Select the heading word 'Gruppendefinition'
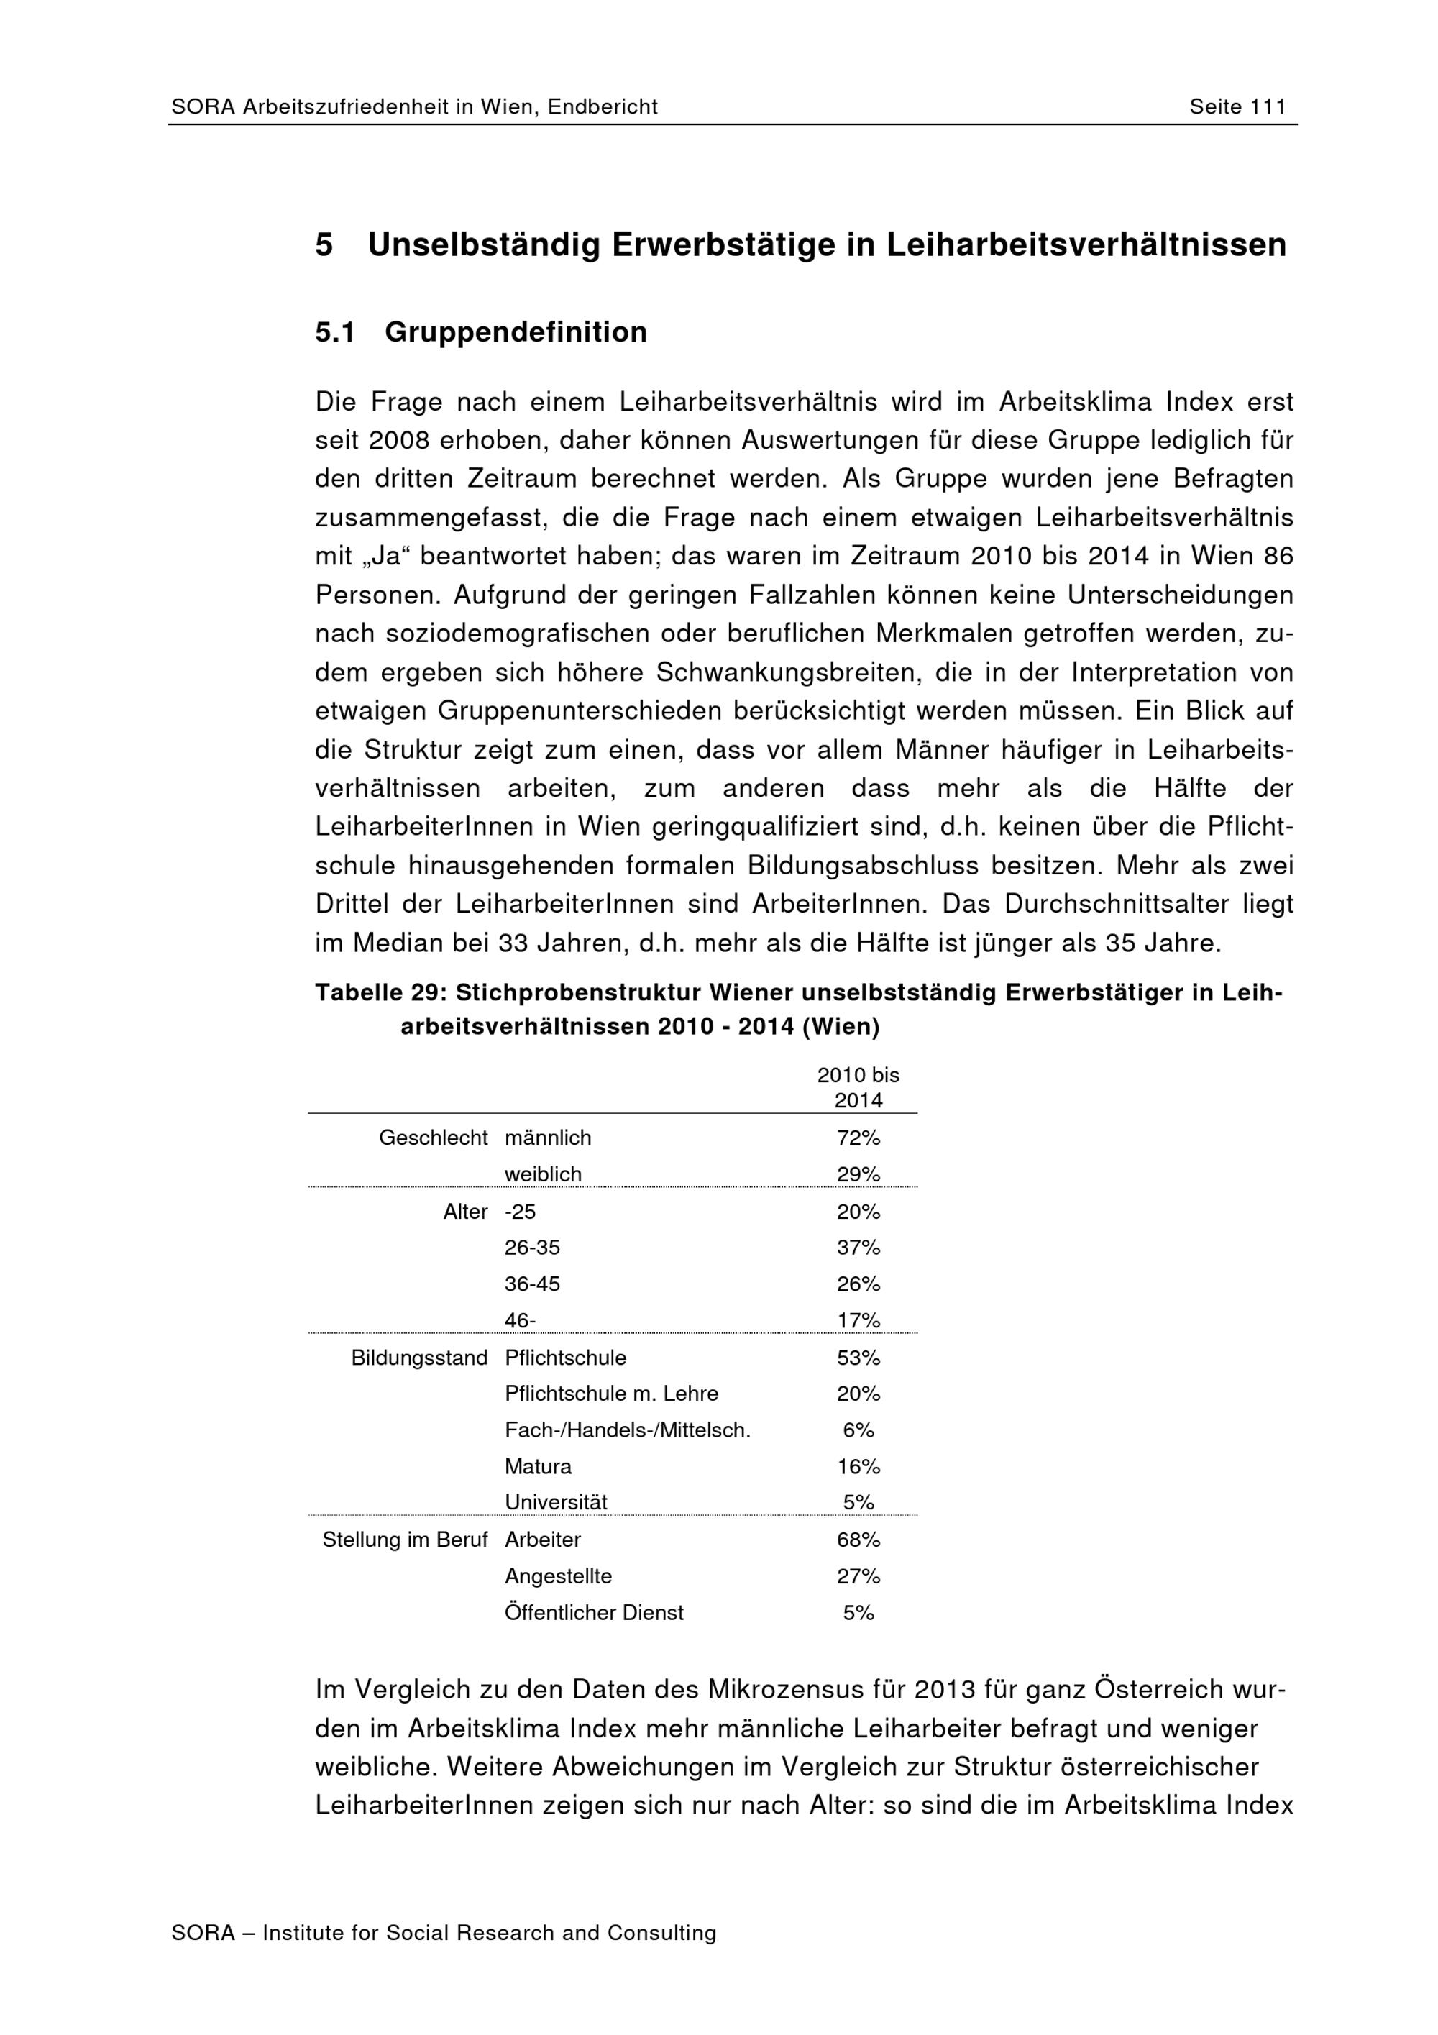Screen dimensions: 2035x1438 516,332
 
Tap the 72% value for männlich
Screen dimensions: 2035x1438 858,1138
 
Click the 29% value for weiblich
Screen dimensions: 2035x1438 858,1174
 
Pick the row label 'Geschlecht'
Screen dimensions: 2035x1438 434,1138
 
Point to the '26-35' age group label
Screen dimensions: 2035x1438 533,1248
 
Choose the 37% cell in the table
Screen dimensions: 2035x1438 858,1248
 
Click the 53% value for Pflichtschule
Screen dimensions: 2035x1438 858,1358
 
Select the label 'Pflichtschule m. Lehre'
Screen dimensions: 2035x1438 611,1394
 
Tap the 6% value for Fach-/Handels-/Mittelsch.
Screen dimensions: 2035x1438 858,1430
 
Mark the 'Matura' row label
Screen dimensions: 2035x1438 538,1467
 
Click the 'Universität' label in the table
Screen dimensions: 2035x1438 557,1503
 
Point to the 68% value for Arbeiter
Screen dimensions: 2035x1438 858,1540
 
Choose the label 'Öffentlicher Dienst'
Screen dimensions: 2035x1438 594,1613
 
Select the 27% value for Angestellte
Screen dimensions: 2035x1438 858,1577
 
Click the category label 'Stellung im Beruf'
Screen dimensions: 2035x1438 405,1540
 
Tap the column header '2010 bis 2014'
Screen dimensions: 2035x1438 858,1087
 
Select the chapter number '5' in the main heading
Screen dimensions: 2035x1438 324,245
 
